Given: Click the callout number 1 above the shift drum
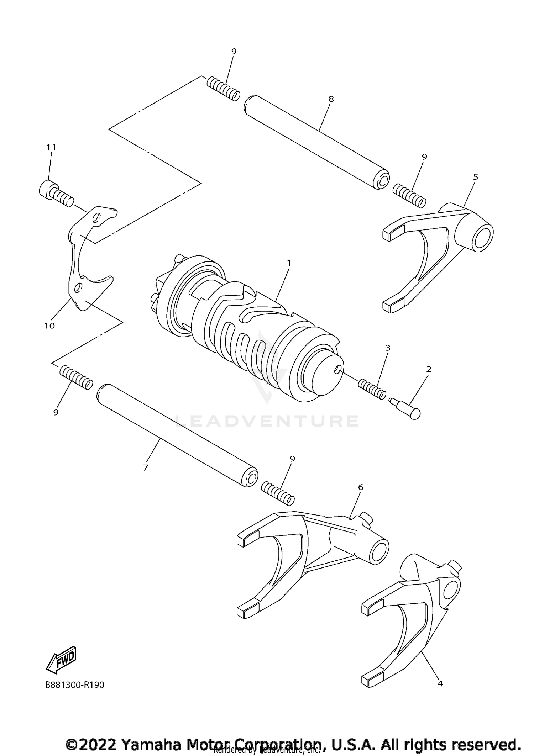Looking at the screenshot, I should tap(289, 263).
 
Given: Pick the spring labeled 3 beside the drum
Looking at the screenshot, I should tap(372, 389).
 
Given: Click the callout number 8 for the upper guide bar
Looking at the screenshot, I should tap(331, 99).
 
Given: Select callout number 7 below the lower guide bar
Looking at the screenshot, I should tap(145, 468).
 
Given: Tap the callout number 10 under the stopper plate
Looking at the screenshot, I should tap(49, 326).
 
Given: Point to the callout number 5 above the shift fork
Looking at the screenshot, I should tap(476, 177).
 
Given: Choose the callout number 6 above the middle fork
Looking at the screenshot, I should tap(361, 487).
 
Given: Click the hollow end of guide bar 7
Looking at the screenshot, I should tap(251, 479).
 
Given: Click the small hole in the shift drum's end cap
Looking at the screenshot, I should tap(337, 370).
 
